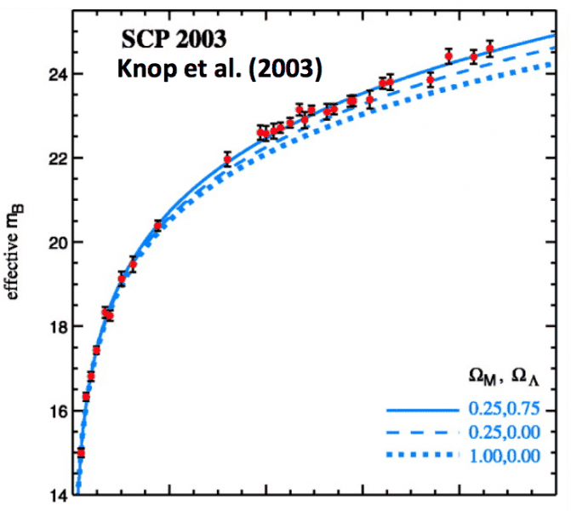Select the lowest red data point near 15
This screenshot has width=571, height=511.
pyautogui.click(x=81, y=452)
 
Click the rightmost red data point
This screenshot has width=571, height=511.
pyautogui.click(x=489, y=49)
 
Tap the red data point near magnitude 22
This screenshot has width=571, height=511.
pyautogui.click(x=227, y=158)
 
